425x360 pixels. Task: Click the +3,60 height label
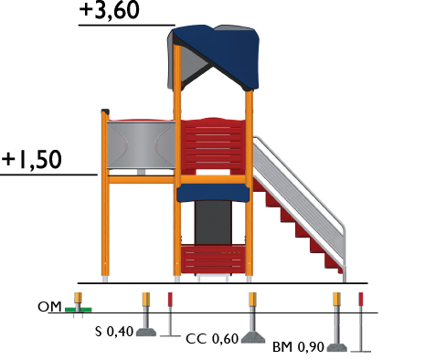click(x=110, y=10)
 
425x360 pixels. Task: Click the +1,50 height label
click(x=32, y=159)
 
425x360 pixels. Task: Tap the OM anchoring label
click(x=49, y=307)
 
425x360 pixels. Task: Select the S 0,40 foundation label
click(x=114, y=332)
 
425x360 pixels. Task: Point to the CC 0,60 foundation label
click(x=212, y=339)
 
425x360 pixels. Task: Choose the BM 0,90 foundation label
click(x=298, y=347)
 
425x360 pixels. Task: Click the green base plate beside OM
click(x=79, y=310)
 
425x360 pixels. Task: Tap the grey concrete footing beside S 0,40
click(x=146, y=332)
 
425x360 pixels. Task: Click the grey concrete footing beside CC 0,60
click(x=253, y=337)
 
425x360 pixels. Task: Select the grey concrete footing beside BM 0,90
click(x=337, y=347)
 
